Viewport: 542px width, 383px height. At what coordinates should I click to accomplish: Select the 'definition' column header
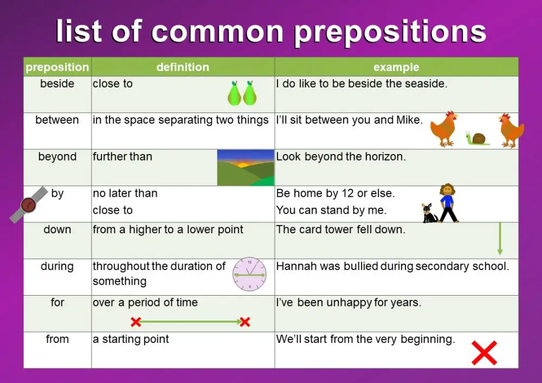pyautogui.click(x=183, y=67)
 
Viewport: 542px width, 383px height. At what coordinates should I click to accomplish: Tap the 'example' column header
pyautogui.click(x=396, y=67)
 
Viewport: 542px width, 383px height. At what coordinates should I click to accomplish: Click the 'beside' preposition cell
pyautogui.click(x=57, y=84)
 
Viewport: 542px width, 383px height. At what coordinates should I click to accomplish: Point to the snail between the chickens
pyautogui.click(x=478, y=138)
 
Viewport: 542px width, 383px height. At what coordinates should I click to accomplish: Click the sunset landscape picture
pyautogui.click(x=246, y=168)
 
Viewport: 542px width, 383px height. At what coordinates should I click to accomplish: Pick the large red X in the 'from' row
pyautogui.click(x=484, y=353)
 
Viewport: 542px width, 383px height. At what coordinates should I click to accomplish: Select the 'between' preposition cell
pyautogui.click(x=57, y=120)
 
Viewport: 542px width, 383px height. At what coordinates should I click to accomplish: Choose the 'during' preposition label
pyautogui.click(x=57, y=266)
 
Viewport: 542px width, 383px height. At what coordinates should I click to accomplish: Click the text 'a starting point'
pyautogui.click(x=131, y=339)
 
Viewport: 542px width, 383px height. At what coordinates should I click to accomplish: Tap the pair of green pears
pyautogui.click(x=242, y=93)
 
